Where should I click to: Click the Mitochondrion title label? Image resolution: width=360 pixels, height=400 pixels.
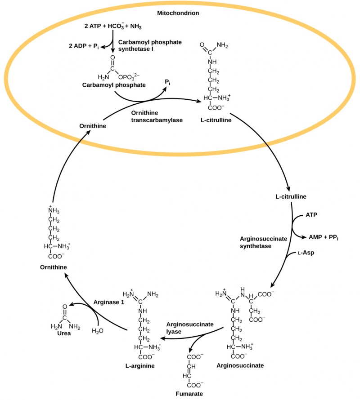click(x=178, y=13)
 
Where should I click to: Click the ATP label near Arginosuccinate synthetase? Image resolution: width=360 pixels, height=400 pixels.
click(x=311, y=215)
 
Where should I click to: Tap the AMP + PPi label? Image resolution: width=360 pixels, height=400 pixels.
click(x=323, y=236)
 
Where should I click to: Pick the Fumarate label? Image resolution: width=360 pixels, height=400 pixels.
click(x=189, y=394)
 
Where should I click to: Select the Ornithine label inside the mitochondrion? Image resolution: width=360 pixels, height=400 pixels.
click(x=92, y=126)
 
